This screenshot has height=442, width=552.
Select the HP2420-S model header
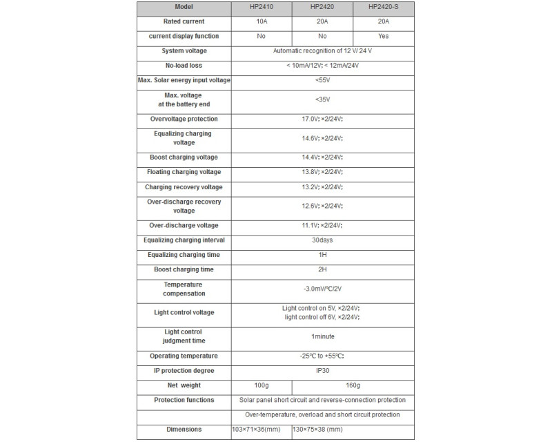click(383, 8)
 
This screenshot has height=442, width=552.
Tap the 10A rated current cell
click(261, 21)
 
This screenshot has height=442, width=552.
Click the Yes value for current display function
click(383, 35)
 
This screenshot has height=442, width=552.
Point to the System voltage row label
click(184, 50)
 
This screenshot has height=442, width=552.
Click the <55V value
click(322, 80)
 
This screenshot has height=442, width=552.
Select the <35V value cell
click(322, 99)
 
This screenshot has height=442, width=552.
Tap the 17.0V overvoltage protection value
click(322, 119)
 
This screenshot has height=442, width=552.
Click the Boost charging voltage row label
click(184, 157)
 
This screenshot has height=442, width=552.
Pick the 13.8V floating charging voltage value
click(322, 172)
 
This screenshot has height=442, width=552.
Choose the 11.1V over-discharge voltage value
click(322, 226)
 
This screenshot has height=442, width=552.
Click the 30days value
click(322, 240)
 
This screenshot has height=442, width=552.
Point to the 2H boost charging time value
click(322, 269)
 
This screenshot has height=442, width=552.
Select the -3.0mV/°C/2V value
click(322, 289)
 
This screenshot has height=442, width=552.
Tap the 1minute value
click(322, 336)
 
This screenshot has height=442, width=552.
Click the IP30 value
click(322, 371)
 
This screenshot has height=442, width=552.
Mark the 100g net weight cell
click(261, 385)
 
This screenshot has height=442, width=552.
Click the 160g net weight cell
click(353, 385)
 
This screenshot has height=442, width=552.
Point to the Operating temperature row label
click(184, 356)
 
